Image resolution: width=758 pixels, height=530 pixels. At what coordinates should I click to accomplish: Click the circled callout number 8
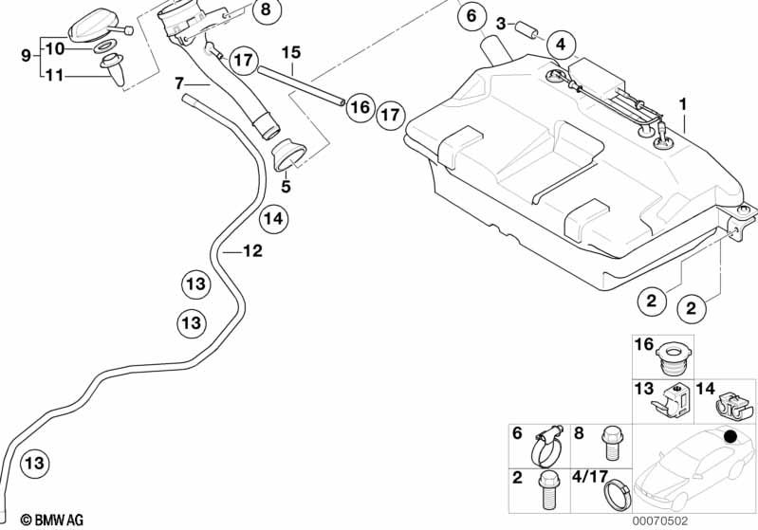tap(266, 10)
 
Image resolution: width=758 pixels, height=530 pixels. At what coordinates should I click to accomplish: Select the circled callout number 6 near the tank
tap(469, 16)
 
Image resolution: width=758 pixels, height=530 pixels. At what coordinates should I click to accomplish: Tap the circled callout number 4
tap(562, 44)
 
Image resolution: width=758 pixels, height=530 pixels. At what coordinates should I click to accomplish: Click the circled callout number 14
tap(273, 219)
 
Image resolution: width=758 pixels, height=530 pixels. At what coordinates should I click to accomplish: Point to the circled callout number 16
tap(359, 107)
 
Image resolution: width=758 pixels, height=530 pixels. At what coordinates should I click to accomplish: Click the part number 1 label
tap(682, 102)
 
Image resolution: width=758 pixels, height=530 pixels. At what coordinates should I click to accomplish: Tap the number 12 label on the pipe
tap(252, 252)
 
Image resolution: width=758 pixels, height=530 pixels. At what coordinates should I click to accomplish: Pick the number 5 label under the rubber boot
tap(286, 187)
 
